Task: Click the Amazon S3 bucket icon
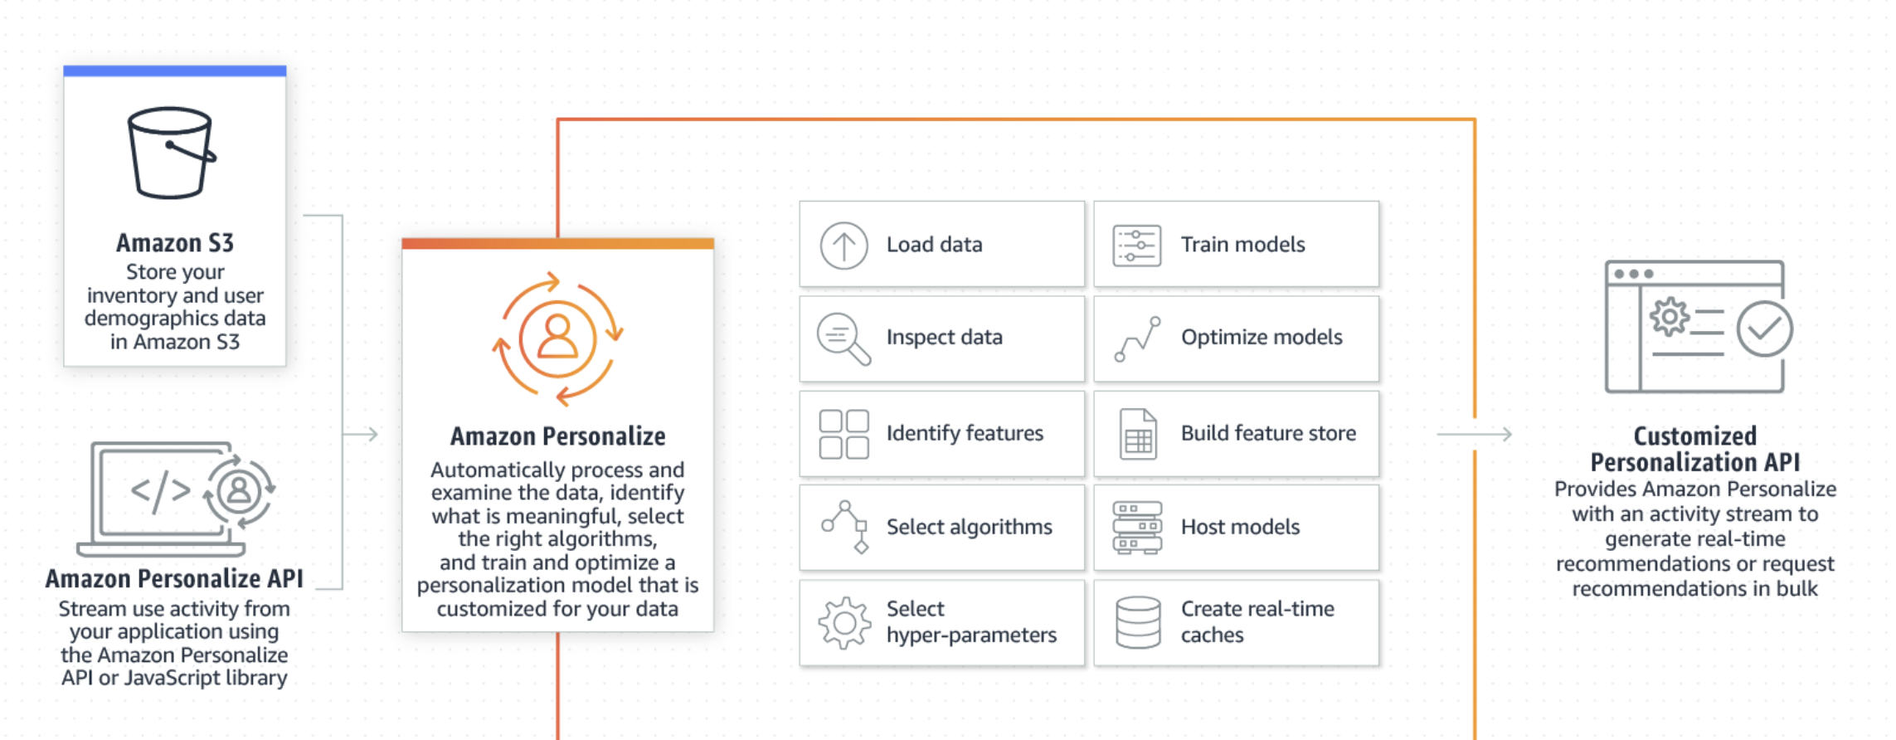[171, 153]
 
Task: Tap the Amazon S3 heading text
[175, 243]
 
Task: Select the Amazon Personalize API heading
[174, 578]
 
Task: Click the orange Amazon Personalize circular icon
[557, 339]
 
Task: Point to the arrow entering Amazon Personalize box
[362, 434]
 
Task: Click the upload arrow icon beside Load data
[843, 246]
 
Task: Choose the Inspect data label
[944, 338]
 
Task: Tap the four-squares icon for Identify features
[843, 434]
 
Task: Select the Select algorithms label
[969, 527]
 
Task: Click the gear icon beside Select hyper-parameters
[843, 622]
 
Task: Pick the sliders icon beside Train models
[1136, 246]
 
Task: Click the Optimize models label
[1261, 338]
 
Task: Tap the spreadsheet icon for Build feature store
[1138, 434]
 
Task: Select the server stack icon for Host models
[1136, 528]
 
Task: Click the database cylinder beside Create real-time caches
[1138, 622]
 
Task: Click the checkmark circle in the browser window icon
[1764, 329]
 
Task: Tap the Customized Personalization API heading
[1694, 449]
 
